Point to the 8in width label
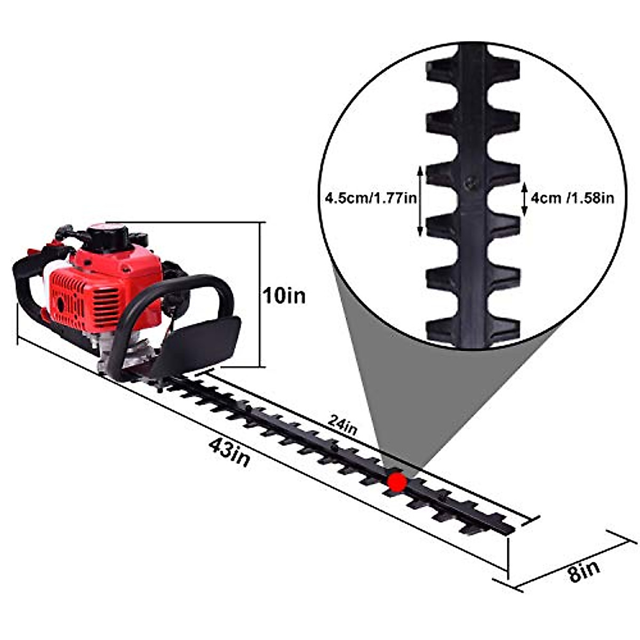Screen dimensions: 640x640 (584, 570)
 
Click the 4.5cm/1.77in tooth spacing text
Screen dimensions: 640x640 (371, 198)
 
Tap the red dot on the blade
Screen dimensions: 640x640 (397, 482)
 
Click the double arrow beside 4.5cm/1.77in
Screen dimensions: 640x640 (420, 201)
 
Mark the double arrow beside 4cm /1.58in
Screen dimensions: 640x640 (524, 199)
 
